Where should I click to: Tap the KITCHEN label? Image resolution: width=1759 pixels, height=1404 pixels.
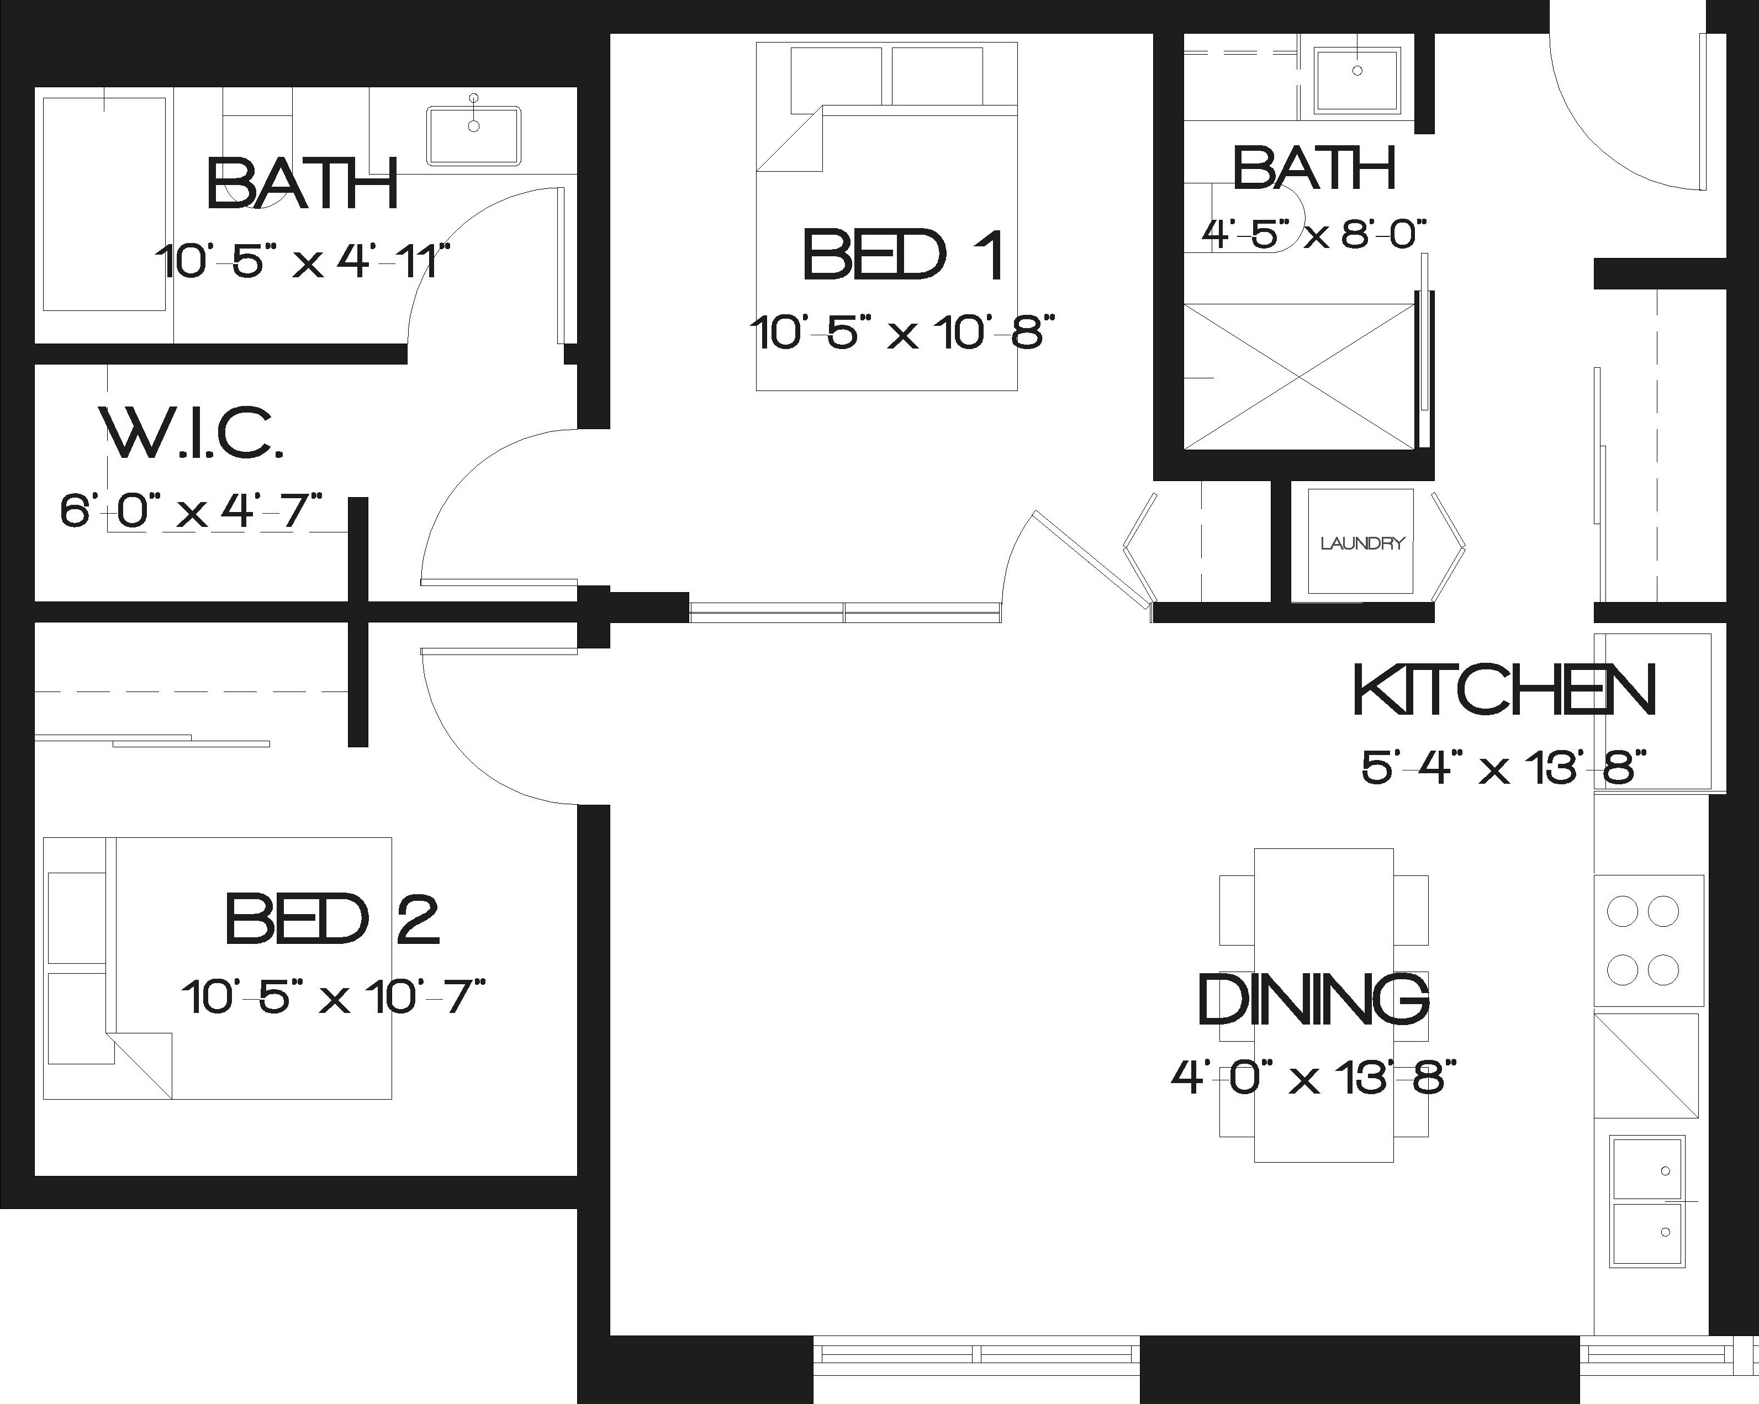coord(1504,690)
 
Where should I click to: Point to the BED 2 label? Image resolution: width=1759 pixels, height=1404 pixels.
coord(332,920)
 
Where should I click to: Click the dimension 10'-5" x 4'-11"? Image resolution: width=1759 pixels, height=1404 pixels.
coord(303,261)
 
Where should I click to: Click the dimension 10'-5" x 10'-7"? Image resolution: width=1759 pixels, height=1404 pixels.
coord(334,997)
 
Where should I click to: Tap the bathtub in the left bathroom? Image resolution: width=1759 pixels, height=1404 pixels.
coord(104,204)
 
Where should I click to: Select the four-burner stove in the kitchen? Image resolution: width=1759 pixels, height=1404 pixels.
coord(1649,941)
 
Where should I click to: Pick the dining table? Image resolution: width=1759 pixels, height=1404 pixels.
coord(1323,1005)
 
